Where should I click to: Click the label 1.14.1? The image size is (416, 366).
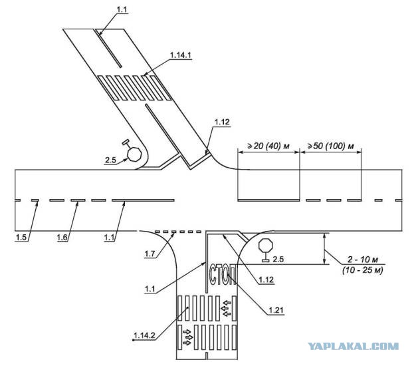click(180, 55)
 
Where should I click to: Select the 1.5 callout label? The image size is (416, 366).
click(21, 237)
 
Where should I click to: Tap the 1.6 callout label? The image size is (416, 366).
click(62, 237)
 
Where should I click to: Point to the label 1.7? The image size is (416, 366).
click(150, 254)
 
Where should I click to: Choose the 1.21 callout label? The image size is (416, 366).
click(276, 310)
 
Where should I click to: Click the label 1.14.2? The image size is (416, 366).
click(144, 335)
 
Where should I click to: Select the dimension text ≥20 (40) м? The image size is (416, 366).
click(268, 146)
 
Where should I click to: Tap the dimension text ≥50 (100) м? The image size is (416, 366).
click(330, 146)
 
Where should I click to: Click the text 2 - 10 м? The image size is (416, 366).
click(363, 260)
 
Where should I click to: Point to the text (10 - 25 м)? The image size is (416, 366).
click(362, 270)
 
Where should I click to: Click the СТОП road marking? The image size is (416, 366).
click(223, 274)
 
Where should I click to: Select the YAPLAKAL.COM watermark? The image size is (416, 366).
click(354, 346)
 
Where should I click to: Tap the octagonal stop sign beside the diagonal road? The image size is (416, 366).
click(134, 154)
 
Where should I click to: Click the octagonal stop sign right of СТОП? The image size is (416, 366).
click(266, 246)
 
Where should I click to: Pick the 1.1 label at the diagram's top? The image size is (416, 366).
click(122, 9)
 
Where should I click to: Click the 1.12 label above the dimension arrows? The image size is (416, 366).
click(222, 122)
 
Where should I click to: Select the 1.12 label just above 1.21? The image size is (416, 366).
click(266, 279)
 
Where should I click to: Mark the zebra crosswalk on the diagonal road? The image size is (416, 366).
click(134, 88)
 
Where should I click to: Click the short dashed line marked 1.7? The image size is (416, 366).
click(177, 232)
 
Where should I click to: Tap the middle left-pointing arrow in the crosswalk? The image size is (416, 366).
click(226, 308)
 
